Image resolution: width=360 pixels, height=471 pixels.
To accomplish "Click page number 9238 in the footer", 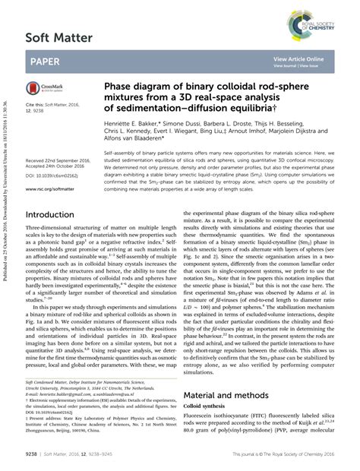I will coord(33,454).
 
